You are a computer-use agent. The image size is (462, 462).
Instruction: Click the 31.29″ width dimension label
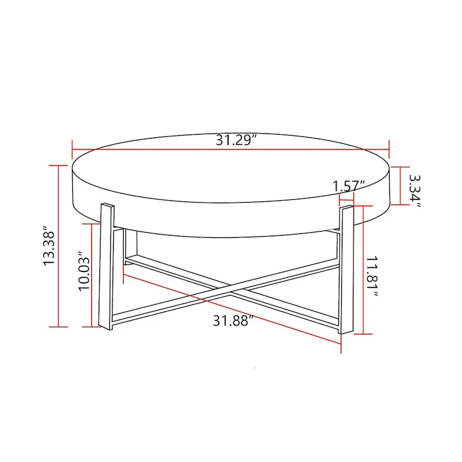236,140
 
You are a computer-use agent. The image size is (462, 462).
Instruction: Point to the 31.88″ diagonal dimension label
233,321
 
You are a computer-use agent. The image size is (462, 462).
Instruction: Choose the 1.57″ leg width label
349,186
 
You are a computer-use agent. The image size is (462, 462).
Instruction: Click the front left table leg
106,266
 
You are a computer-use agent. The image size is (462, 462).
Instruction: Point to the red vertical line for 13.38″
59,246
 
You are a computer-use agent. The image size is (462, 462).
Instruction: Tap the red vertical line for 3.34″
400,185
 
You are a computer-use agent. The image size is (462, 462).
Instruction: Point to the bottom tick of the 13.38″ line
59,327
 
